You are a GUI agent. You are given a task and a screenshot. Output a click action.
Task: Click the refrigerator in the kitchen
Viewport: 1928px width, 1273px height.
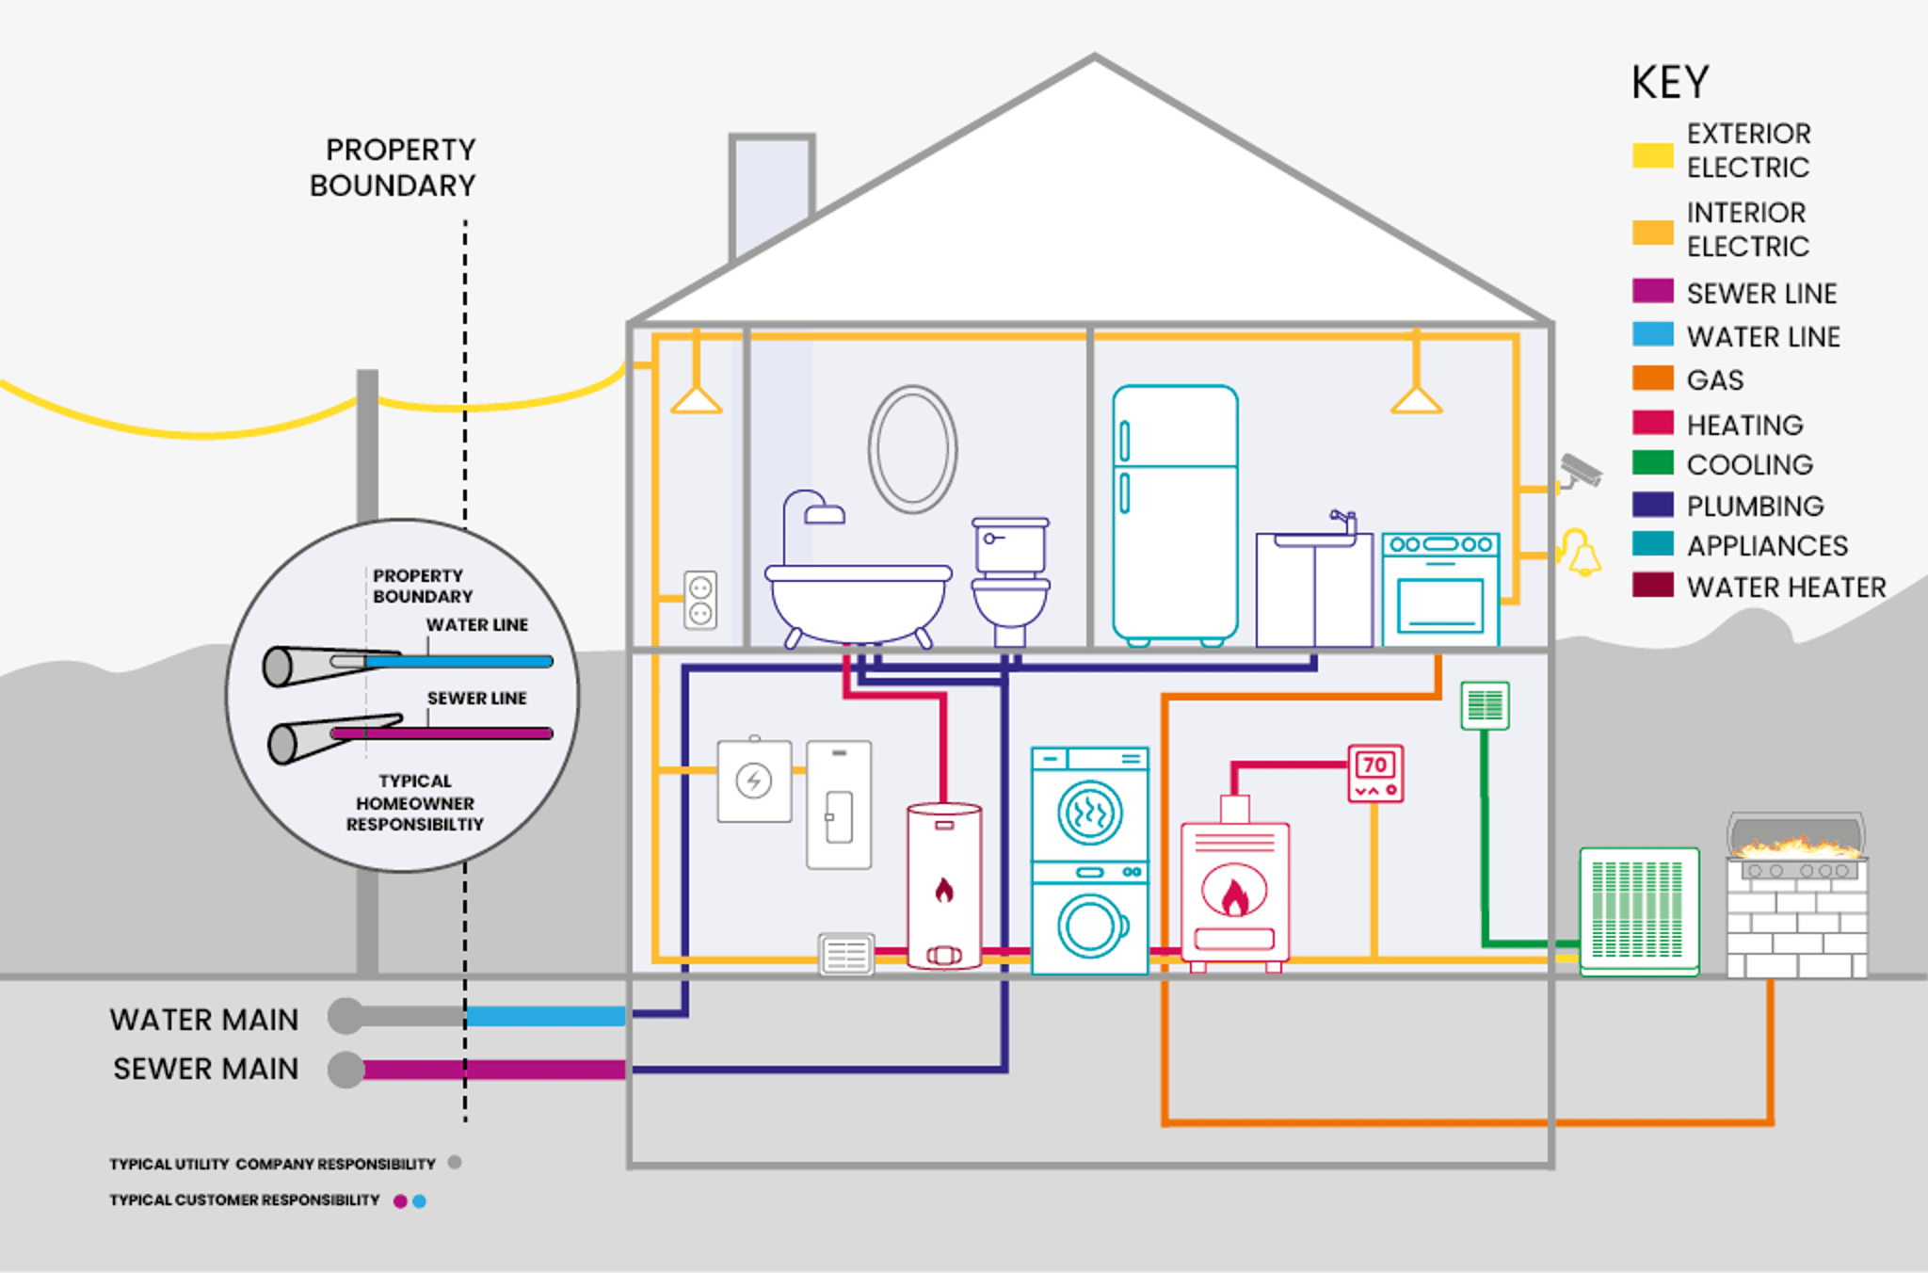click(1175, 513)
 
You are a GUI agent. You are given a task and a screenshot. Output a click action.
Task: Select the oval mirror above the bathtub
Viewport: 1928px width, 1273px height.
click(912, 449)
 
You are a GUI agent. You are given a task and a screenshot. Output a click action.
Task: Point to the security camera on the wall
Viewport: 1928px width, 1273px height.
click(1581, 471)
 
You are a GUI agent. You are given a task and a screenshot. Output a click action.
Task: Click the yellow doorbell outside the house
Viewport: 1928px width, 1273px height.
click(1582, 554)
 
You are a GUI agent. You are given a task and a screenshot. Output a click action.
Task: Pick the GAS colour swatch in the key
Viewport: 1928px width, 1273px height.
click(1652, 379)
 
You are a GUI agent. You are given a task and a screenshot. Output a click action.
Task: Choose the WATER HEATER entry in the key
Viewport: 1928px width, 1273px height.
click(1785, 588)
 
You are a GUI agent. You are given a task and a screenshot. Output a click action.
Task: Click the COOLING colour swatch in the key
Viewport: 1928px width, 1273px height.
click(1652, 463)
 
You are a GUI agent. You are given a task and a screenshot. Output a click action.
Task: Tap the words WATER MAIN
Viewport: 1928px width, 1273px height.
click(203, 1020)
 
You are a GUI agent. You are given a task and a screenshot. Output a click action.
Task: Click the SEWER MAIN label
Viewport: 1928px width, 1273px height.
click(205, 1069)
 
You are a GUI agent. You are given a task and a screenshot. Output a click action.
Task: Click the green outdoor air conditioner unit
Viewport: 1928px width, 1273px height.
click(1639, 910)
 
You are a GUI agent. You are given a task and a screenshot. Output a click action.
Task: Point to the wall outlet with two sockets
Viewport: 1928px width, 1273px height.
click(700, 601)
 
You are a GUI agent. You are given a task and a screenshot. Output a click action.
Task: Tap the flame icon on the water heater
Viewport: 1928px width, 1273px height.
click(944, 889)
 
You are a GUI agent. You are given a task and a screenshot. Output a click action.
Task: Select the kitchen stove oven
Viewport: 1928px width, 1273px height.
click(1440, 589)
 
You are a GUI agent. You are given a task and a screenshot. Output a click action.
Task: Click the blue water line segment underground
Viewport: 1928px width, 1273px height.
click(546, 1016)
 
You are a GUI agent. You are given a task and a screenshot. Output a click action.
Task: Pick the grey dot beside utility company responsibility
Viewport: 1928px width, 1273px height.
click(455, 1163)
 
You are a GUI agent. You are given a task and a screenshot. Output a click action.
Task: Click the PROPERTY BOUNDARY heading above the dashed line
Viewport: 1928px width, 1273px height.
click(393, 168)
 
